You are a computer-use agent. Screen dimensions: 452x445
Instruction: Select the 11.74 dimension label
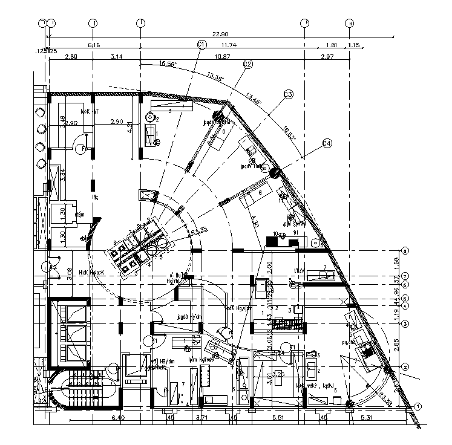(229, 45)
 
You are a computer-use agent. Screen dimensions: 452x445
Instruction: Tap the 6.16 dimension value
(94, 45)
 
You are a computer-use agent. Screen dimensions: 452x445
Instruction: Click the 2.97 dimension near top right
(328, 57)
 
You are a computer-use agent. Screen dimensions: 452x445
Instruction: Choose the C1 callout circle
(202, 44)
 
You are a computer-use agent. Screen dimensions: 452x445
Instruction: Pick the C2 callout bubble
(247, 64)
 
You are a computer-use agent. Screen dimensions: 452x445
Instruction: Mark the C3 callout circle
(288, 94)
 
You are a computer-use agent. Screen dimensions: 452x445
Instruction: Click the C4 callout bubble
(327, 143)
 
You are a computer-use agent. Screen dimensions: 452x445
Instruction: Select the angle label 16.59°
(168, 63)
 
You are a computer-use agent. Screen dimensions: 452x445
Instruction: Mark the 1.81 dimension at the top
(331, 45)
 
